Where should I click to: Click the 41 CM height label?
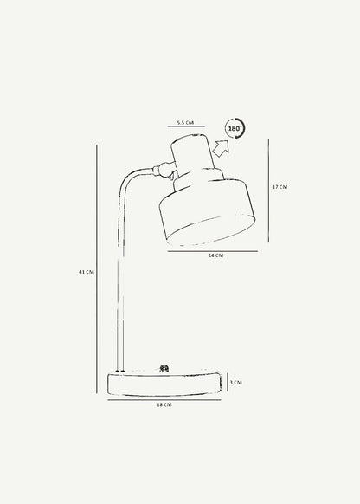(87, 272)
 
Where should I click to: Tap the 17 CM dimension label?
(280, 187)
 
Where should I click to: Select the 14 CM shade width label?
(215, 255)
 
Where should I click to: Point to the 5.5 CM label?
(185, 122)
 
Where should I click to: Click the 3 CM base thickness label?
(235, 383)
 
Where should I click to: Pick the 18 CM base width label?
(164, 404)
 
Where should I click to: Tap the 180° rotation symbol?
(235, 128)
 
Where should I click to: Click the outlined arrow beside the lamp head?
(222, 148)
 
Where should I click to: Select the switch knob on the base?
(164, 369)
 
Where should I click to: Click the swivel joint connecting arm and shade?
(164, 170)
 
